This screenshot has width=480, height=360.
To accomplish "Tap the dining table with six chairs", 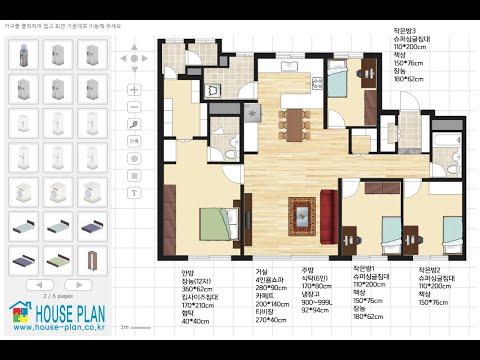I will click(x=295, y=118).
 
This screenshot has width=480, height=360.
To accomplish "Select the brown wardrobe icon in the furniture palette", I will click(x=92, y=259).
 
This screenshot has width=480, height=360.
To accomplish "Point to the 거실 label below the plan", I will click(x=262, y=271).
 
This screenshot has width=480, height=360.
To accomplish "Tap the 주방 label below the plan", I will click(x=308, y=271).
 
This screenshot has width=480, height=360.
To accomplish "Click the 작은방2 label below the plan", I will click(x=431, y=271).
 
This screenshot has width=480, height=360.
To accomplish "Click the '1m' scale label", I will click(x=123, y=326).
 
